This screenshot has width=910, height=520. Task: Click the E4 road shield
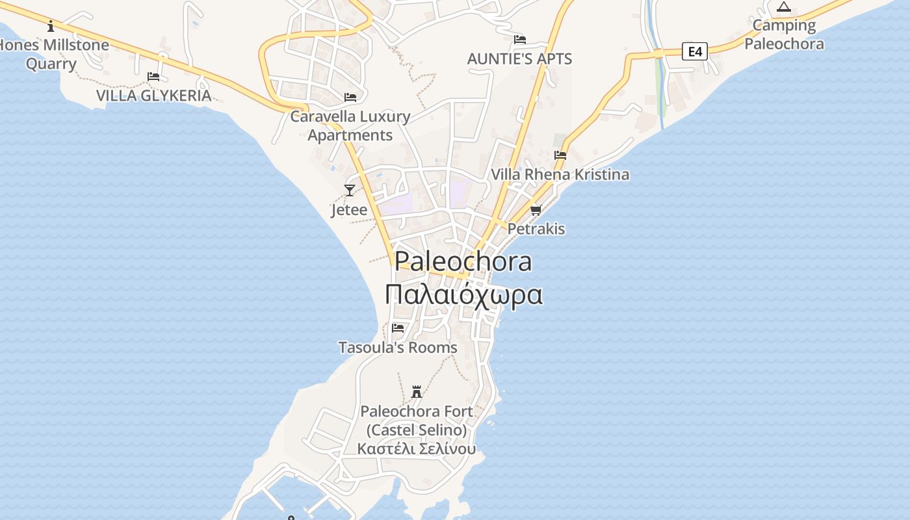[695, 51]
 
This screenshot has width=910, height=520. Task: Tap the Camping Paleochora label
[784, 34]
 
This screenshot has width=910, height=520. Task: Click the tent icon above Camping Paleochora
[784, 7]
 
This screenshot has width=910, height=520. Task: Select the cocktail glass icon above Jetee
[350, 190]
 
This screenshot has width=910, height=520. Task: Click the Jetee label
[349, 210]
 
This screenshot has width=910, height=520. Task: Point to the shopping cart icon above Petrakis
[536, 210]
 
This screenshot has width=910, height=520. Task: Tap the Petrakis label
[536, 229]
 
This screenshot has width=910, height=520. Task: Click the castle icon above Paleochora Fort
[417, 392]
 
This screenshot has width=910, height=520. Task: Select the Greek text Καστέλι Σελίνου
[417, 448]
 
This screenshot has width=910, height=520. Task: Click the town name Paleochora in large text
[463, 261]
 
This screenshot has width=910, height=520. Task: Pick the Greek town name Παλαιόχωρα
[463, 294]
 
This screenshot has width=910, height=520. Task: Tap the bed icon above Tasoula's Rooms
[398, 328]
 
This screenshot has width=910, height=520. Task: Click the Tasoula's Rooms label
[398, 348]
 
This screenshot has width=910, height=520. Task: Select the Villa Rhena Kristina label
[560, 174]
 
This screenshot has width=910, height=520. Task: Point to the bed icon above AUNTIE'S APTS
[520, 40]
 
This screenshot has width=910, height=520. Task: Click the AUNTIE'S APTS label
[520, 59]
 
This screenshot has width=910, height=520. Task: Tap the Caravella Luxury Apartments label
[350, 125]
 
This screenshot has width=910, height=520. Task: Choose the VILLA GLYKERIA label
[154, 96]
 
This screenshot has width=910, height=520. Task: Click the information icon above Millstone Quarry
[51, 26]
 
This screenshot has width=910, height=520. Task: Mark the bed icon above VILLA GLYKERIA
[153, 77]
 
